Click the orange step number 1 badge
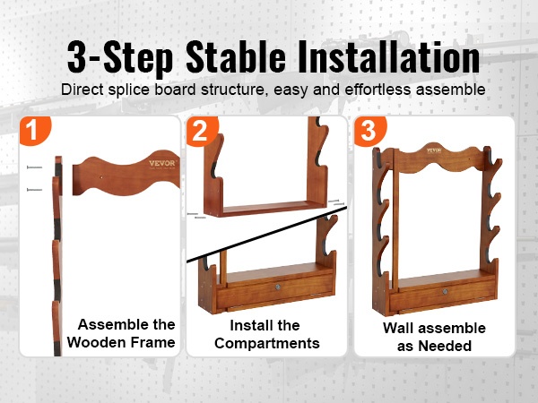click(34, 130)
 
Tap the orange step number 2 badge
click(202, 131)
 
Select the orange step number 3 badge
click(369, 131)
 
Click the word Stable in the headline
click(236, 57)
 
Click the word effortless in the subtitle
click(377, 90)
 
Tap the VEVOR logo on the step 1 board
click(162, 164)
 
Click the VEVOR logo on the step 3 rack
click(434, 150)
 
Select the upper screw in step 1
click(34, 167)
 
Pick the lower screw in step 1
click(34, 190)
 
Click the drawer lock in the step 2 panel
click(278, 287)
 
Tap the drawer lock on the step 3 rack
click(445, 292)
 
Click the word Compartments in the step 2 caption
click(267, 343)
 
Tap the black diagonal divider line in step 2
click(266, 235)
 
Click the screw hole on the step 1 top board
click(100, 177)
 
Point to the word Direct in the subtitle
click(82, 90)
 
